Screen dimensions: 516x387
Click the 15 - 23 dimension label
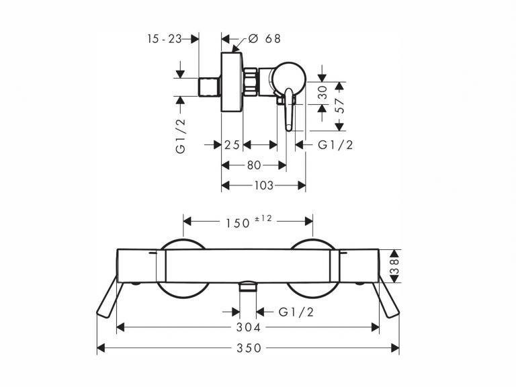pos(164,39)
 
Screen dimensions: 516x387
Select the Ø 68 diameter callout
pos(264,38)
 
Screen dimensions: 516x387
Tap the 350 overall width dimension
pos(249,348)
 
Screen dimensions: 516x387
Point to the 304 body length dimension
pos(249,327)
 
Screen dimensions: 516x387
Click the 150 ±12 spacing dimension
pos(249,222)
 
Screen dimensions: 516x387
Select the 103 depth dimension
pos(263,185)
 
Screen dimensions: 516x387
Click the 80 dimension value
pos(254,165)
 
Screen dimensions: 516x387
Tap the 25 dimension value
pos(232,145)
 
